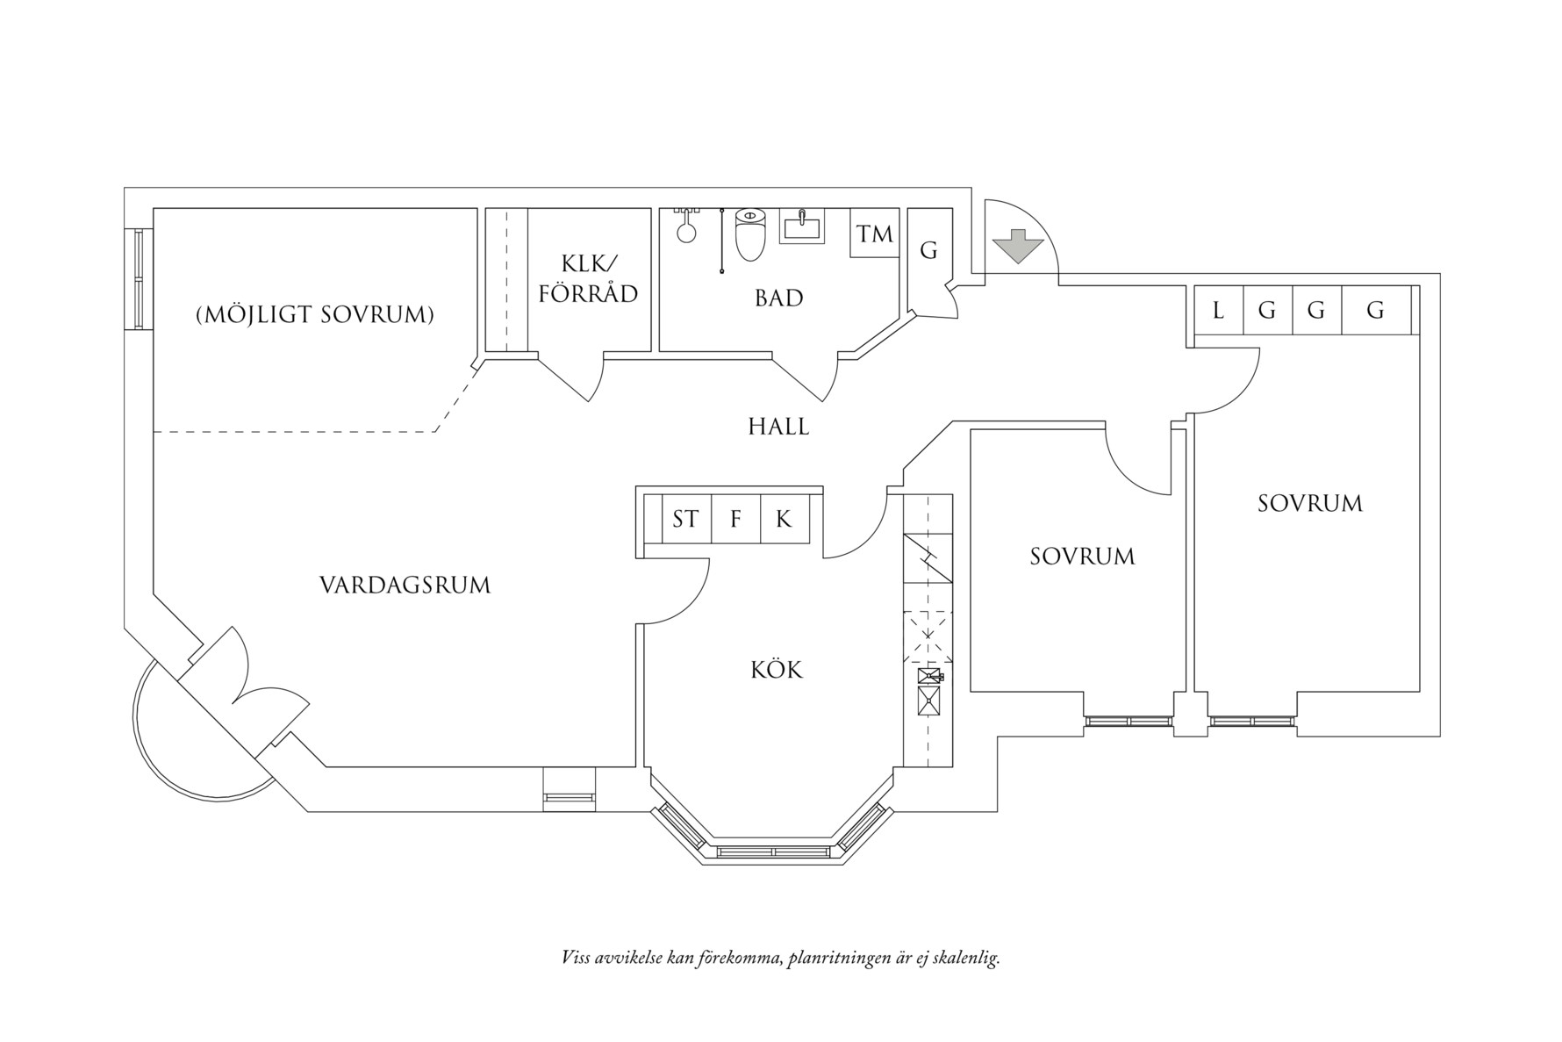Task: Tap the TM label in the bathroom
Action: pos(874,234)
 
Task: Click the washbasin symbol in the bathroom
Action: pos(802,226)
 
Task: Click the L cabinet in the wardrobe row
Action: pos(1218,310)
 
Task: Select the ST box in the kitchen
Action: pos(685,519)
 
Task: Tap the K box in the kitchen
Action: pos(784,519)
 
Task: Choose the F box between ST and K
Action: pos(735,519)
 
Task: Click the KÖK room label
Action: pos(777,671)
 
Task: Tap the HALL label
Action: pos(778,428)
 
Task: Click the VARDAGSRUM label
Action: pos(405,586)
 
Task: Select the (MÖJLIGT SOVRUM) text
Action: pos(314,315)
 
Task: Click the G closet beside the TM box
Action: pos(928,251)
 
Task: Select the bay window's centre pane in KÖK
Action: pos(772,851)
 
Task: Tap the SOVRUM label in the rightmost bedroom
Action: pos(1309,504)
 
